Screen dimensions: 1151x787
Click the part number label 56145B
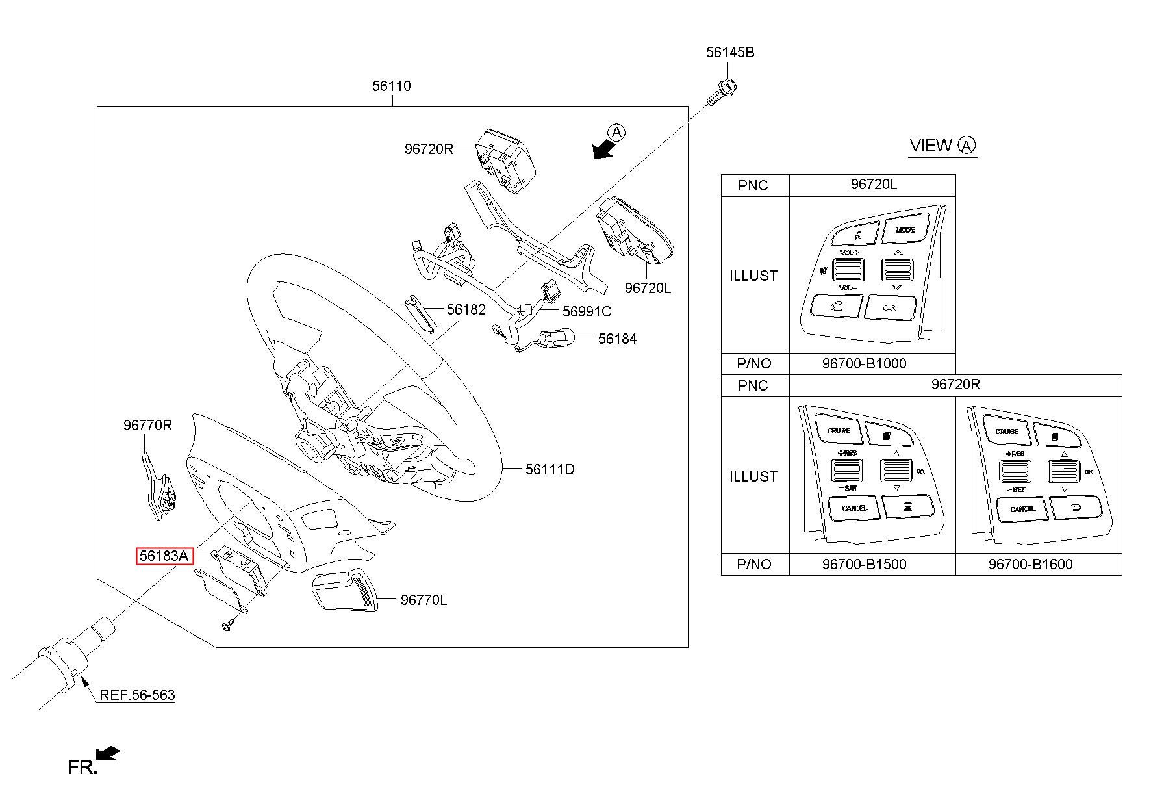click(x=730, y=52)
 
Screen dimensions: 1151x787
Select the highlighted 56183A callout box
click(x=165, y=556)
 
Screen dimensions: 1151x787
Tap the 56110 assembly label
click(x=391, y=86)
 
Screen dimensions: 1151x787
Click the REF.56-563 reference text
click(x=137, y=695)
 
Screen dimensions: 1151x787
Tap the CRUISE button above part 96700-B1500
click(x=839, y=430)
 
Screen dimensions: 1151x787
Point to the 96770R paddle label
click(x=147, y=425)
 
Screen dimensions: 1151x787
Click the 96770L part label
click(x=424, y=600)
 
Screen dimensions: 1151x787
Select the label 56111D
click(x=550, y=469)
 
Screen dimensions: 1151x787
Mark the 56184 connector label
click(x=617, y=339)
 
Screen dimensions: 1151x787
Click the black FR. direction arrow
click(x=107, y=753)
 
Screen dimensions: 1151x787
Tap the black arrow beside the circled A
click(x=603, y=149)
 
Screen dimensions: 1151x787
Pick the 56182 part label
click(x=466, y=309)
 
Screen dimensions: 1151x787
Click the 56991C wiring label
click(x=587, y=311)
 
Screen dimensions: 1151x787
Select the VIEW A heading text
click(x=942, y=146)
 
